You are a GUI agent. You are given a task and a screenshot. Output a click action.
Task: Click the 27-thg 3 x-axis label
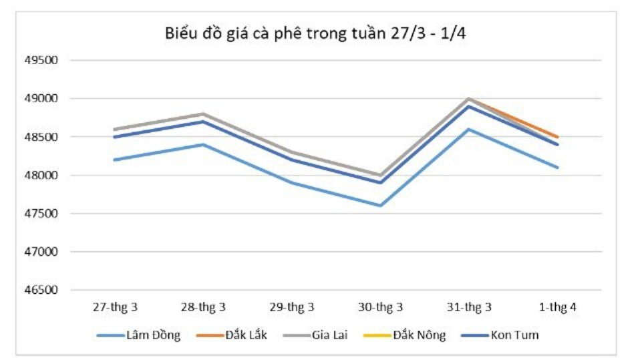tap(115, 307)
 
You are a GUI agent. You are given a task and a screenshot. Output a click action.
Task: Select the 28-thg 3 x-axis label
tap(203, 307)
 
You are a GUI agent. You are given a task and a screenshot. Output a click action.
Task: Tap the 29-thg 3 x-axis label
tap(291, 307)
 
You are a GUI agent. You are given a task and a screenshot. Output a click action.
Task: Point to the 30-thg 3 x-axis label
tap(380, 307)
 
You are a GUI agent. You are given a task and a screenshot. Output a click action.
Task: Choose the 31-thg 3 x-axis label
tap(469, 307)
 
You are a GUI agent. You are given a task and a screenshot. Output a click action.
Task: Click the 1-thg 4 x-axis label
tap(557, 307)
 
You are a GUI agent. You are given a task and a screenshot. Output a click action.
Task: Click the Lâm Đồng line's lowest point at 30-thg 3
tap(380, 206)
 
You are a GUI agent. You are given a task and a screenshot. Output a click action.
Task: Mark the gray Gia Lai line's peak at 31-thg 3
tap(469, 99)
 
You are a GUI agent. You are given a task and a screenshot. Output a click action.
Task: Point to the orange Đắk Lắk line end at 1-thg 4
tap(556, 137)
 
